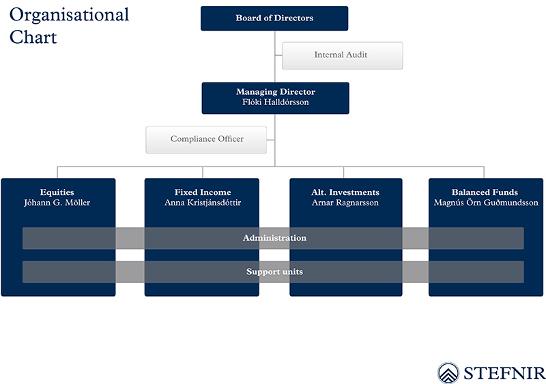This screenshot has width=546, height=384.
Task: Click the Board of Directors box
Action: (274, 18)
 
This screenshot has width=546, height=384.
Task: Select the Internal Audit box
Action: (343, 56)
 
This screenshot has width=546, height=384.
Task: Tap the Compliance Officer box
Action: (206, 140)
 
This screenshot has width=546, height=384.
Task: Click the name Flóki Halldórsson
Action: (276, 102)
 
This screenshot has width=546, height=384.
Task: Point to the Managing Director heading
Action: (276, 92)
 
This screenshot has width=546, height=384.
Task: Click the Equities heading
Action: (57, 192)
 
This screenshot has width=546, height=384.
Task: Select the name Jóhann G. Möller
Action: (57, 203)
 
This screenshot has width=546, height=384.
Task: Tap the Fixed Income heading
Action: (203, 192)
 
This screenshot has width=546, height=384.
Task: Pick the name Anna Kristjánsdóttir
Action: (203, 203)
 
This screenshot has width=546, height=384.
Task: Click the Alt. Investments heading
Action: (345, 192)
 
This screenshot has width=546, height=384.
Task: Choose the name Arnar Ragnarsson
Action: (345, 203)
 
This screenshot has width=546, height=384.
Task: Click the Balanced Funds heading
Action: (485, 192)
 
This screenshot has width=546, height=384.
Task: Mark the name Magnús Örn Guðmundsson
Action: (486, 203)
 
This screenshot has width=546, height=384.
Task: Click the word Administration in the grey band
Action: (274, 238)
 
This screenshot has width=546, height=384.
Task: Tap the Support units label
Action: (274, 271)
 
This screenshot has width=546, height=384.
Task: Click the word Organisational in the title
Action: (69, 15)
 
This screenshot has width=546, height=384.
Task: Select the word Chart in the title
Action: (33, 37)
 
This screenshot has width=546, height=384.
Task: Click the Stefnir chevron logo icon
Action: (448, 373)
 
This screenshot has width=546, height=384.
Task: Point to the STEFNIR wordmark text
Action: (504, 373)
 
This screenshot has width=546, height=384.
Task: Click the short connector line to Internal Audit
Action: (278, 55)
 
